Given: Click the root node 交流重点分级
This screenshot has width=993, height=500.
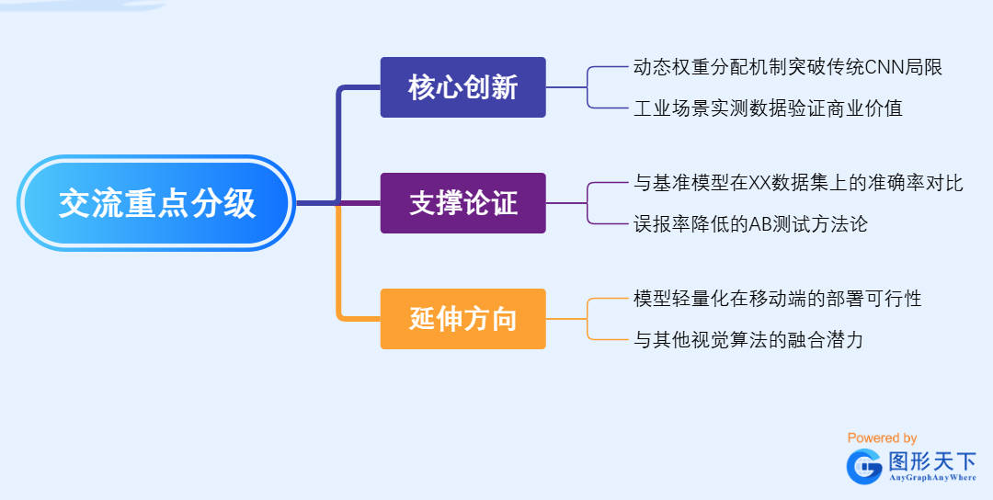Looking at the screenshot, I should (x=156, y=203).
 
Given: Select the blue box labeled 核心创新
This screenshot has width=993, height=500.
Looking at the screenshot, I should (x=462, y=87).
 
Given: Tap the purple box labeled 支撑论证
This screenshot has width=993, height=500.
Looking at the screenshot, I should (x=462, y=203).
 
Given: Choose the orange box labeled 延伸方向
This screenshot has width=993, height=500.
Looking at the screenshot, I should (x=462, y=319).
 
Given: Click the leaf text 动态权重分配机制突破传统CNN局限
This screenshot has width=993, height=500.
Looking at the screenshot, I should (x=788, y=67).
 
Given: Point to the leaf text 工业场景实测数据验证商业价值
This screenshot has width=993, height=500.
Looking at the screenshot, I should (x=768, y=108).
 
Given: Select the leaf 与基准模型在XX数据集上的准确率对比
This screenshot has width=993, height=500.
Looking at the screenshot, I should (x=798, y=183).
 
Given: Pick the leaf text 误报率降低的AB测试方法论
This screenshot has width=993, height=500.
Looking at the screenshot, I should (x=750, y=224).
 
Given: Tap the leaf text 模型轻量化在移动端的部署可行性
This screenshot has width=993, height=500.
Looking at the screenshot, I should (x=777, y=299).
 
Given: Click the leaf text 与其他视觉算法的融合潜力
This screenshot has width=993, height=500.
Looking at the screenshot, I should (x=748, y=340).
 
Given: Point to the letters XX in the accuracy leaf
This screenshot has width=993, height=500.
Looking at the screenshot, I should (x=759, y=183).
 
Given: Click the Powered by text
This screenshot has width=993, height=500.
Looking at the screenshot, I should (x=882, y=438).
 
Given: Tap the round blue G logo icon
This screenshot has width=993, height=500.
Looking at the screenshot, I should (x=864, y=466).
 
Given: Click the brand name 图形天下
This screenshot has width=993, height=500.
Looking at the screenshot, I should (x=931, y=460).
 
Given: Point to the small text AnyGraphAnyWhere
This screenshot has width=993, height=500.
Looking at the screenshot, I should (x=931, y=478).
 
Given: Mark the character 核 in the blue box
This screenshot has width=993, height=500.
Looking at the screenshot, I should (x=422, y=87).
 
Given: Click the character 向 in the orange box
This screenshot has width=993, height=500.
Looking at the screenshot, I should (x=503, y=319).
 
